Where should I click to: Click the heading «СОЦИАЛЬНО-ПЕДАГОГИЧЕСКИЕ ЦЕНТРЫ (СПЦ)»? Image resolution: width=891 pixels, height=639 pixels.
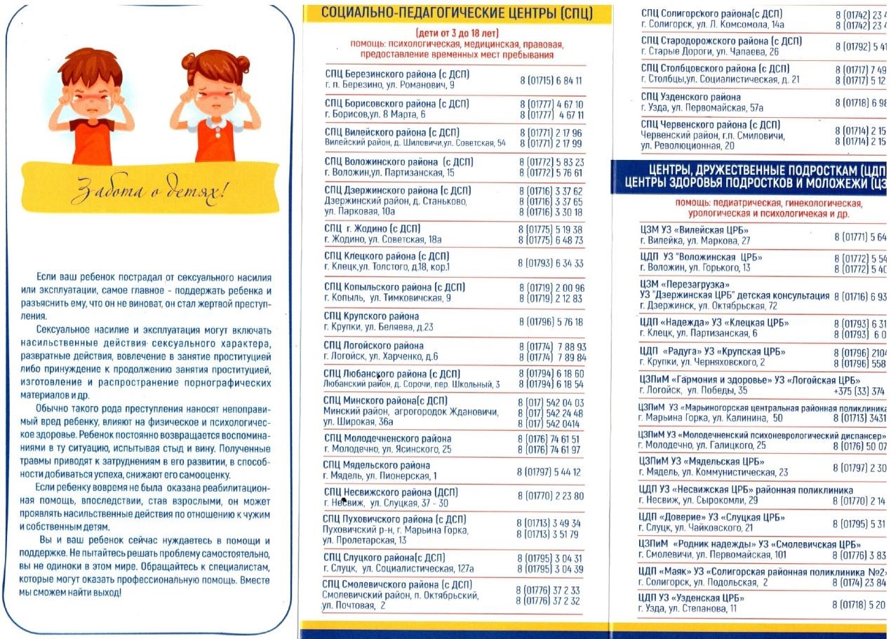pos(457,13)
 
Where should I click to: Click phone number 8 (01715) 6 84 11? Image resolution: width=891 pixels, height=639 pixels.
pos(551,81)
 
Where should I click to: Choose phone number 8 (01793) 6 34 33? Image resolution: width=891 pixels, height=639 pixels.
pos(550,263)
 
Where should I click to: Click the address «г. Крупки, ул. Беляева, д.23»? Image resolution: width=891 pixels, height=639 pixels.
pos(379,327)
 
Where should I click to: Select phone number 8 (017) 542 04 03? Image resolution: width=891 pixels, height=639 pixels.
pos(550,402)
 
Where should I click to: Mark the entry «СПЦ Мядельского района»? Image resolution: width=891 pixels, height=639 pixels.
pos(377,465)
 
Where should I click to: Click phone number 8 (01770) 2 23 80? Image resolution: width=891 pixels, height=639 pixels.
pos(550,496)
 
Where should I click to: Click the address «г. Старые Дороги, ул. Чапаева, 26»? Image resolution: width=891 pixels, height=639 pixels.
pos(709,52)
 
